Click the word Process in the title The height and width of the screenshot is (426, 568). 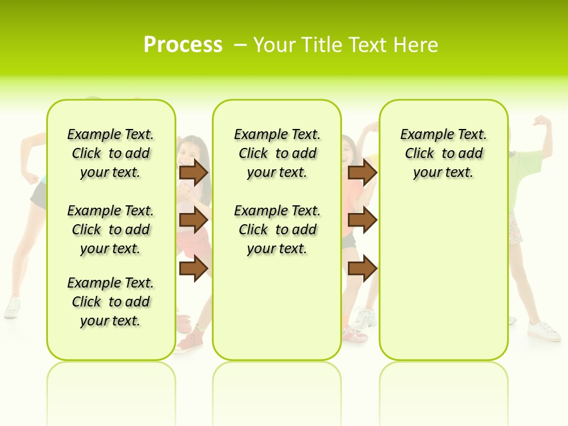(x=183, y=45)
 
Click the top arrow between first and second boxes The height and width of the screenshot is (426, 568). (x=193, y=172)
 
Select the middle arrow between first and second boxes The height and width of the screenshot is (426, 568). (x=193, y=220)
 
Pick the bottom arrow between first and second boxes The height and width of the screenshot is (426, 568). (x=193, y=268)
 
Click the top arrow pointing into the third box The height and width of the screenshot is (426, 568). (x=362, y=172)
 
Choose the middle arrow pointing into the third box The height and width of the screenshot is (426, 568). (x=362, y=220)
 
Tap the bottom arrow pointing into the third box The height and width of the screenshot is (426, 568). (x=362, y=268)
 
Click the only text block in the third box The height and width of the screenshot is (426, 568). (x=443, y=153)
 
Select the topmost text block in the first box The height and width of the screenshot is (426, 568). (x=111, y=153)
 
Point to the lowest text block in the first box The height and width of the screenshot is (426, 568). (x=111, y=302)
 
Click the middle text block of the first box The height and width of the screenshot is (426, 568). (x=111, y=230)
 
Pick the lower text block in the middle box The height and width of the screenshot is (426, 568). (x=277, y=230)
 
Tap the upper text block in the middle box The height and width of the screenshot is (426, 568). (x=277, y=153)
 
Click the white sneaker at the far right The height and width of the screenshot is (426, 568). (x=544, y=331)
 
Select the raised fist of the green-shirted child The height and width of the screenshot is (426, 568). (x=541, y=121)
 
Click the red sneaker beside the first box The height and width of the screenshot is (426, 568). (x=189, y=343)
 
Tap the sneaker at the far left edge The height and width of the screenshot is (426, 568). (x=12, y=307)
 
